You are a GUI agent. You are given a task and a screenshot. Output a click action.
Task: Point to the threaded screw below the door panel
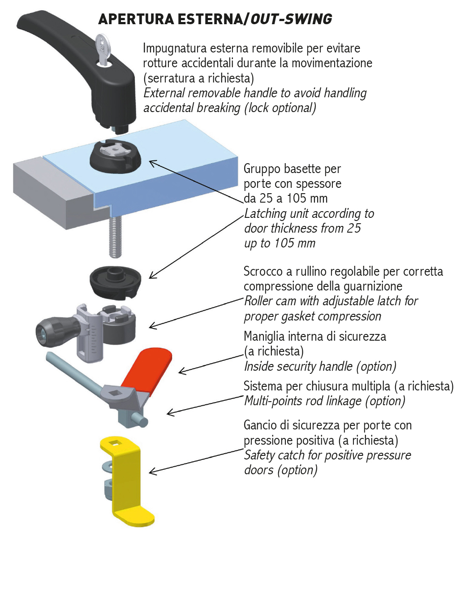pyautogui.click(x=116, y=235)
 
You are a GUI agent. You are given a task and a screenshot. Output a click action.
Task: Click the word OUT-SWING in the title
pyautogui.click(x=291, y=19)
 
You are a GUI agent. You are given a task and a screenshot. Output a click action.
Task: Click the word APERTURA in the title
pyautogui.click(x=136, y=19)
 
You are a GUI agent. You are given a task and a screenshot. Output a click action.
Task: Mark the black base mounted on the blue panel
pyautogui.click(x=115, y=157)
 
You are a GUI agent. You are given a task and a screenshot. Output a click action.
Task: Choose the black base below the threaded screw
pyautogui.click(x=115, y=281)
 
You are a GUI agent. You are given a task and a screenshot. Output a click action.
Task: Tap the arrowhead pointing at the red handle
pyautogui.click(x=180, y=371)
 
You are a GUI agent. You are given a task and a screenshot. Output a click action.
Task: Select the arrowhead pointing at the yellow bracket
pyautogui.click(x=151, y=472)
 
